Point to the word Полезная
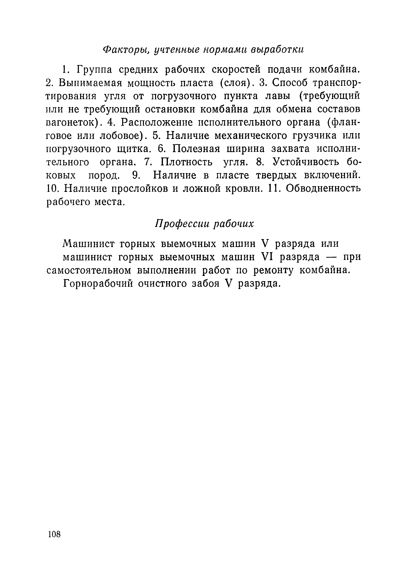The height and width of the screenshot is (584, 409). [196, 149]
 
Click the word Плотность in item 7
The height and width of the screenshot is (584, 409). [186, 162]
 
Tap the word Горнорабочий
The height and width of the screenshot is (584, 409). [98, 284]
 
